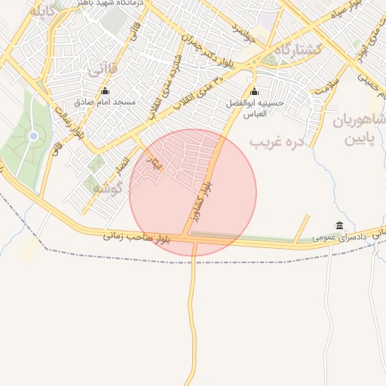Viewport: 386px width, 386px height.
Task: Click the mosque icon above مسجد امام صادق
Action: [x=104, y=91]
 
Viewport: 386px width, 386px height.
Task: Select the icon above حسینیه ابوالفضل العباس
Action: [x=254, y=91]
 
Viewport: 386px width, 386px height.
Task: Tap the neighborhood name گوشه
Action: [x=107, y=189]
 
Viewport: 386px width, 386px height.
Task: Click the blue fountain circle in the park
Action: [x=33, y=136]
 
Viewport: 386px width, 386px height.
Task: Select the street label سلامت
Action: [x=329, y=84]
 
